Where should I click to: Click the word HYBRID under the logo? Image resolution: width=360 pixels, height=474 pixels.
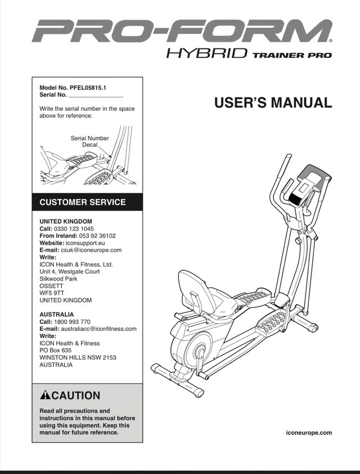tap(207, 55)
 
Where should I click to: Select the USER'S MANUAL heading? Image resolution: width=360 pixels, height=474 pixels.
tap(273, 103)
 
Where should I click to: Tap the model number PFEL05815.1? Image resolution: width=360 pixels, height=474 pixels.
tap(90, 88)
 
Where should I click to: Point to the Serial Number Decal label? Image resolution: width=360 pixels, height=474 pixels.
tap(90, 141)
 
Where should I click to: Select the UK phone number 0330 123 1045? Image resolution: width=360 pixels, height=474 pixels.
tap(74, 229)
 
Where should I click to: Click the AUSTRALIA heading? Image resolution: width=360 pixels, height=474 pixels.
tap(57, 314)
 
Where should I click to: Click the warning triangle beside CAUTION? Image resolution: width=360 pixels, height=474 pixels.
tap(46, 396)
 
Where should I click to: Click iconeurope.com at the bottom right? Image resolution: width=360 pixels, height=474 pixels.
tap(309, 432)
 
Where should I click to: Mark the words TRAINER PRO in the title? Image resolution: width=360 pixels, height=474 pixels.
tap(292, 55)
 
